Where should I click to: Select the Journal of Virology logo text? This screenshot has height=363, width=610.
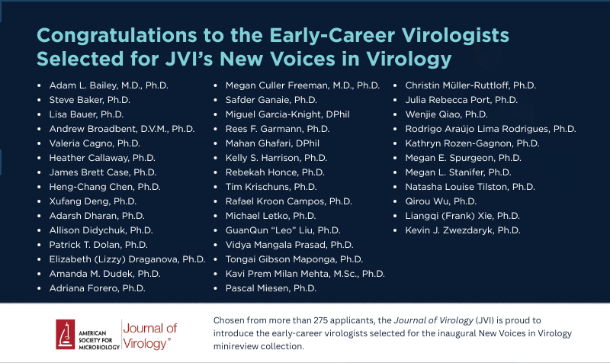tap(149, 336)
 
